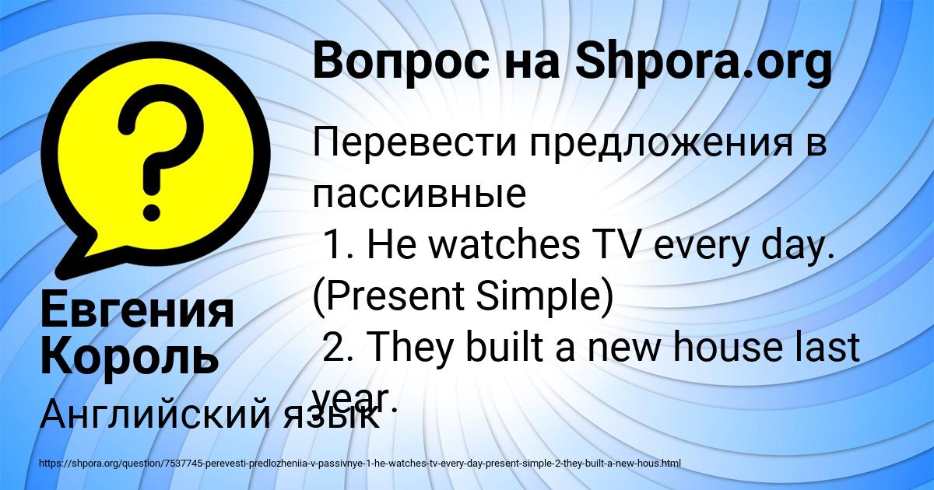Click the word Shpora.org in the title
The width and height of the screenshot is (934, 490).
click(704, 62)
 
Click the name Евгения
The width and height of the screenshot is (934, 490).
click(137, 311)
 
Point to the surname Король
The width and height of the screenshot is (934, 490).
click(129, 356)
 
